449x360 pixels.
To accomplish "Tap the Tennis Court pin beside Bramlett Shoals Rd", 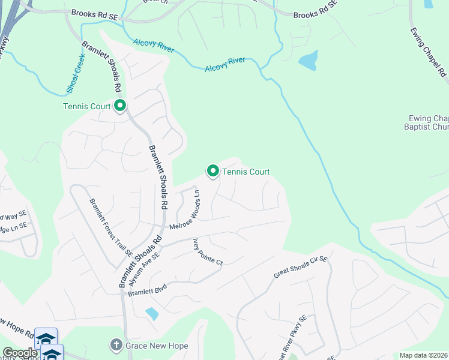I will click(120, 106).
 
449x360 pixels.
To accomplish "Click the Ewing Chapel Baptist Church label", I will click(429, 122).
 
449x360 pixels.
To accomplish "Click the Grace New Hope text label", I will click(157, 346).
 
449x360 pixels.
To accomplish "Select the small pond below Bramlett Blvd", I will click(152, 313).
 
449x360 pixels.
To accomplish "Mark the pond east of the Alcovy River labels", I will click(308, 60).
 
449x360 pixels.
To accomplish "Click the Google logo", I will click(19, 353).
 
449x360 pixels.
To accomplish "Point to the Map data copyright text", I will click(423, 355).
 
